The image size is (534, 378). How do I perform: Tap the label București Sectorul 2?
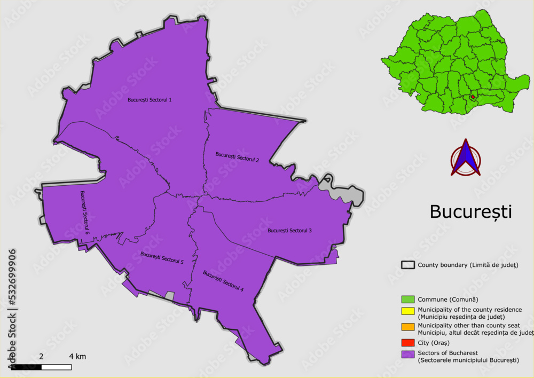[x=237, y=156]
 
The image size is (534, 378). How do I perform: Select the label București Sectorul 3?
[x=289, y=231]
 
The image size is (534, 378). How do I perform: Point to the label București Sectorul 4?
[x=223, y=281]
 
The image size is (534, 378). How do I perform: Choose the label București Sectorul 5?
[x=162, y=258]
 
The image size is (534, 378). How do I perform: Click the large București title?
[x=470, y=212]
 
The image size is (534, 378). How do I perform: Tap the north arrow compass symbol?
[x=466, y=158]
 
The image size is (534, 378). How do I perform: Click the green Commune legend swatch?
[x=408, y=300]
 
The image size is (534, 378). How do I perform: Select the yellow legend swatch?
[x=408, y=312]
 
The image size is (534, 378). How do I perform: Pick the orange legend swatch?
[x=408, y=327]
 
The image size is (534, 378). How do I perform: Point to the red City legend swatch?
[x=408, y=342]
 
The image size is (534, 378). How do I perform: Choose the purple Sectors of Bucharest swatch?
[x=408, y=355]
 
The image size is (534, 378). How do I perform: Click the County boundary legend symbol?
[x=408, y=265]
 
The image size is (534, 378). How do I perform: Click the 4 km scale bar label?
[x=77, y=356]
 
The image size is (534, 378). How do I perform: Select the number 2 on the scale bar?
[x=41, y=356]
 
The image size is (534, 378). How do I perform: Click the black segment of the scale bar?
[x=26, y=367]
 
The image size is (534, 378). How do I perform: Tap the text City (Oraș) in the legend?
[x=434, y=342]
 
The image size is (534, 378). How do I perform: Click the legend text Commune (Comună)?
[x=447, y=300]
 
